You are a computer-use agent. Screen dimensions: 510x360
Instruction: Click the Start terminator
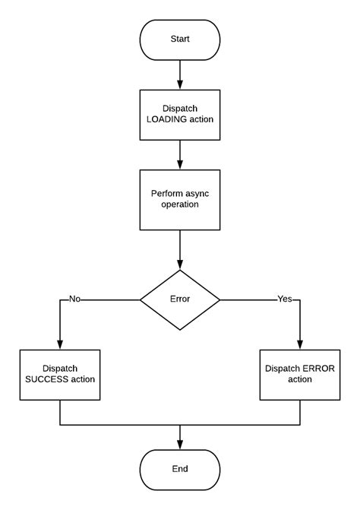180,40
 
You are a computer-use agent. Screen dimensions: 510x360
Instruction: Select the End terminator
180,469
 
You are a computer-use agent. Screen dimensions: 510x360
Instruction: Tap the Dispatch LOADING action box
180,115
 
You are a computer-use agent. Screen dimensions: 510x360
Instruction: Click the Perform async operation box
180,200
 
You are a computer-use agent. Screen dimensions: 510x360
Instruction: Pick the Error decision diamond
180,299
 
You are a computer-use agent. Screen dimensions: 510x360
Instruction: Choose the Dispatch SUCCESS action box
59,375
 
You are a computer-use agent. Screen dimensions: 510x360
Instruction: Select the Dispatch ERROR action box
300,375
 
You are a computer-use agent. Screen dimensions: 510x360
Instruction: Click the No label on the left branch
74,299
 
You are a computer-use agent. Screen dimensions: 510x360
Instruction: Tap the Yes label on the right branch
285,299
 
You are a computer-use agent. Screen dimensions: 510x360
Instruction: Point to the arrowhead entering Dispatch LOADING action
180,85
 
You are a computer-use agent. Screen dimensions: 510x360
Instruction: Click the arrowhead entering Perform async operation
180,165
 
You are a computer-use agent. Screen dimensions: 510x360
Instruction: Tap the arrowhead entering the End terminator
180,445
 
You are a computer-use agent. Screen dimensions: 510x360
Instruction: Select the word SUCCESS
48,381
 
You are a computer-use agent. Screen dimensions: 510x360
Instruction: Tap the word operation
180,206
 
